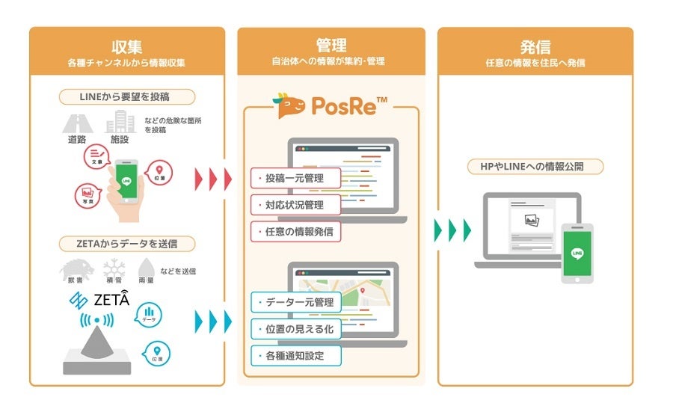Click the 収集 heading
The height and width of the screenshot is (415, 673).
pyautogui.click(x=126, y=46)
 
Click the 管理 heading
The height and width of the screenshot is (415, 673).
pyautogui.click(x=331, y=46)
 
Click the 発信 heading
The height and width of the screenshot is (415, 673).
pyautogui.click(x=535, y=46)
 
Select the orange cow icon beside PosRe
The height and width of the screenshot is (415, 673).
pyautogui.click(x=291, y=106)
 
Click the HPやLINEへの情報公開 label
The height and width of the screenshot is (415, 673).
pyautogui.click(x=535, y=166)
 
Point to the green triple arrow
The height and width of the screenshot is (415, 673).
pyautogui.click(x=453, y=230)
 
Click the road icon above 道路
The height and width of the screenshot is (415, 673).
pyautogui.click(x=76, y=123)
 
